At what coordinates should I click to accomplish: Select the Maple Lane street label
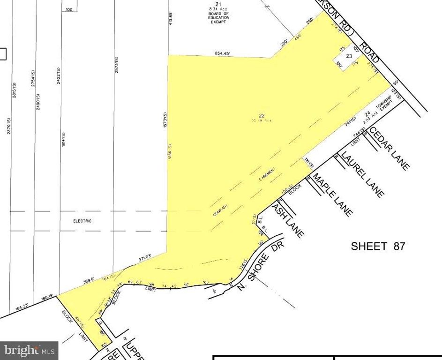click(333, 195)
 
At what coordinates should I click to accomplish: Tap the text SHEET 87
click(378, 246)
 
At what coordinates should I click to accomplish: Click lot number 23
click(349, 56)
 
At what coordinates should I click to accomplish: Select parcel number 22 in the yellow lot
click(262, 116)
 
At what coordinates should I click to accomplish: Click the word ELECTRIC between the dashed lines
click(82, 221)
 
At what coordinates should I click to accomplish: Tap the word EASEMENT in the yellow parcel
click(267, 175)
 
